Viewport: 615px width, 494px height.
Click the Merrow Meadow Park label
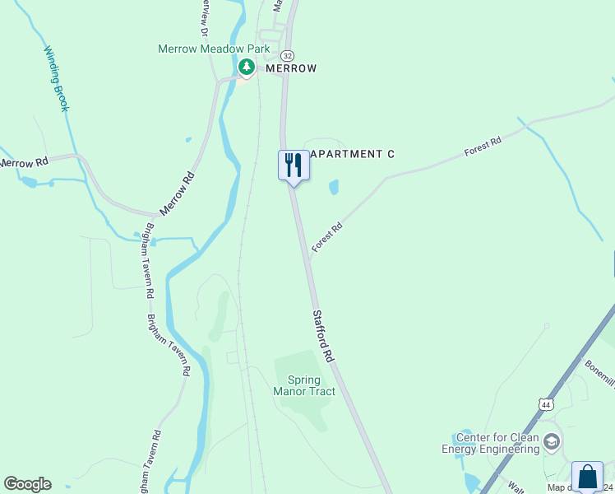coord(214,49)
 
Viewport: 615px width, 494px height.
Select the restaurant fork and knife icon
coord(294,165)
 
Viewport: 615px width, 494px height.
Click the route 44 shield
coord(546,404)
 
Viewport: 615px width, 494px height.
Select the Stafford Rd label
coord(323,337)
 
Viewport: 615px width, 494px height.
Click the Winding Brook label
coord(57,78)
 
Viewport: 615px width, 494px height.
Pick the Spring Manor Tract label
coord(304,385)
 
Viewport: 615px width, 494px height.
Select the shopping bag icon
coord(587,478)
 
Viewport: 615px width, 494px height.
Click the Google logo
coord(27,484)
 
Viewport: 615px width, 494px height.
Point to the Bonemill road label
coord(600,372)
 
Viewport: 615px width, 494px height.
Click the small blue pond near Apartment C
coord(334,188)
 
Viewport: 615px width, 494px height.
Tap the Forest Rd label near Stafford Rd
coord(326,238)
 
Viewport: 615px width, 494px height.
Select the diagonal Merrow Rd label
coord(177,193)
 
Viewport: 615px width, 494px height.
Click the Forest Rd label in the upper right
coord(483,147)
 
